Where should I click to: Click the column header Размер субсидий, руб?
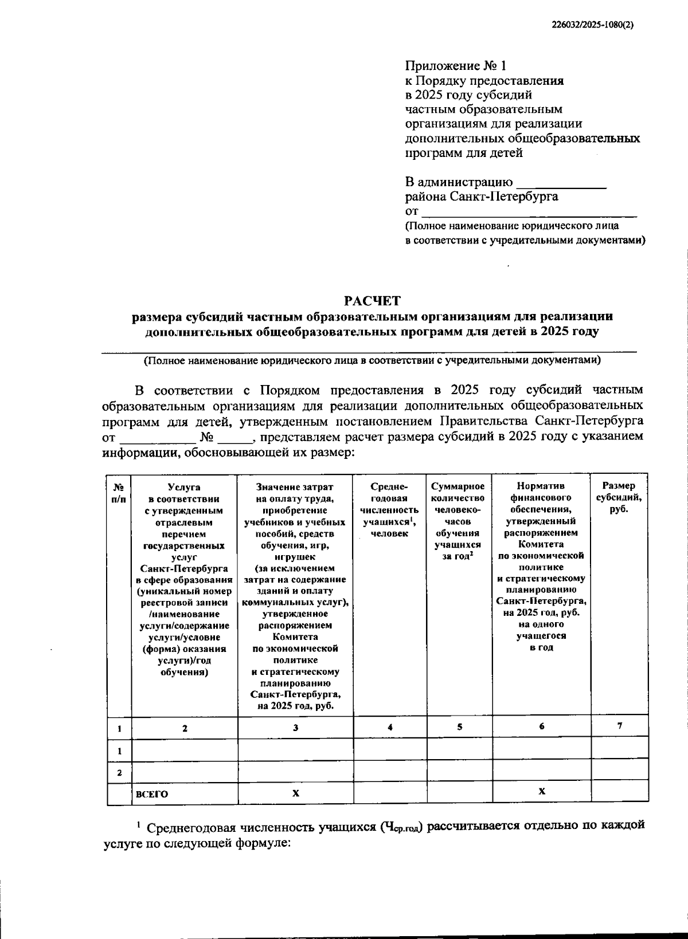(619, 497)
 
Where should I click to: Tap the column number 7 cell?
(619, 726)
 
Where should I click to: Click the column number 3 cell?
(295, 727)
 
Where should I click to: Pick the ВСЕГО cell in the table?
(153, 794)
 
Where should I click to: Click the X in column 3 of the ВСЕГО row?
(295, 793)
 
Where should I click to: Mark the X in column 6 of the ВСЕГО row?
(542, 791)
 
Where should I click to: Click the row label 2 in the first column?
(119, 772)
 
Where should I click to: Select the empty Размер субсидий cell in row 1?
(619, 750)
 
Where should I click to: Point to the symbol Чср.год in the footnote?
(402, 827)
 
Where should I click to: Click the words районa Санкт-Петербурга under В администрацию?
(482, 197)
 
